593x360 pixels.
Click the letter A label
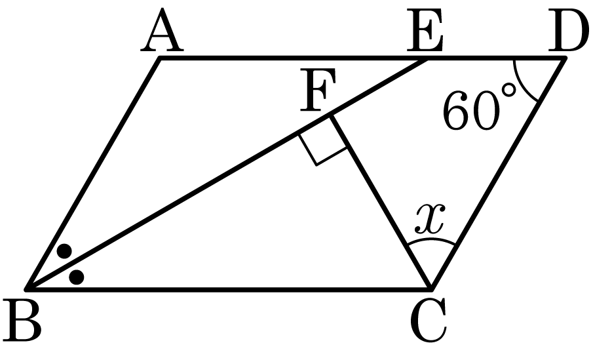[x=162, y=30]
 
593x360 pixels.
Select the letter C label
[x=429, y=321]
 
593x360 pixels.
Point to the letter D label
[x=568, y=30]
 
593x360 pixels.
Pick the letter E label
[x=425, y=30]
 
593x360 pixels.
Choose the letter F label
[x=318, y=90]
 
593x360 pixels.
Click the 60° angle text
[x=479, y=110]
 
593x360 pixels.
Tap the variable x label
[x=430, y=218]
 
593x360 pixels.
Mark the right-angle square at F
[x=322, y=140]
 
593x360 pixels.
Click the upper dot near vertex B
[x=65, y=251]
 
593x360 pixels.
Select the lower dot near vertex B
[x=77, y=277]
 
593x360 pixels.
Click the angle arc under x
[x=431, y=240]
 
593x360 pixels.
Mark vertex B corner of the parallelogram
[x=26, y=290]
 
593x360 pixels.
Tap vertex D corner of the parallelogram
[x=565, y=58]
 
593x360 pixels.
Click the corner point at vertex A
[x=161, y=58]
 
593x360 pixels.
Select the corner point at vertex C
[x=430, y=290]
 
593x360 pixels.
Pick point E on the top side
[x=427, y=58]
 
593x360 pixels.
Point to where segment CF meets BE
[x=330, y=116]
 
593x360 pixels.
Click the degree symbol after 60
[x=508, y=90]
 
